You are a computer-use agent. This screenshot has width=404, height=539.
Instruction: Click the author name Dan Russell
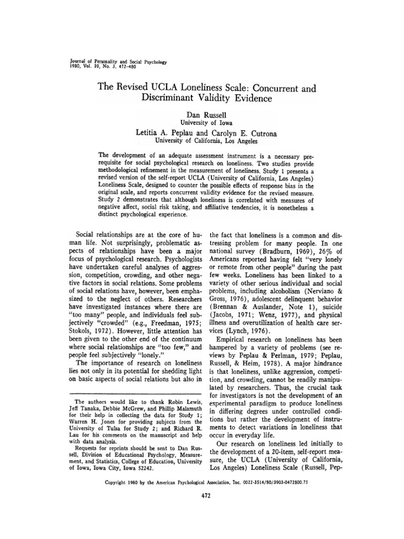click(x=202, y=114)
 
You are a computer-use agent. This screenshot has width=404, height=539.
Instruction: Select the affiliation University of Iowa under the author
click(x=202, y=123)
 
